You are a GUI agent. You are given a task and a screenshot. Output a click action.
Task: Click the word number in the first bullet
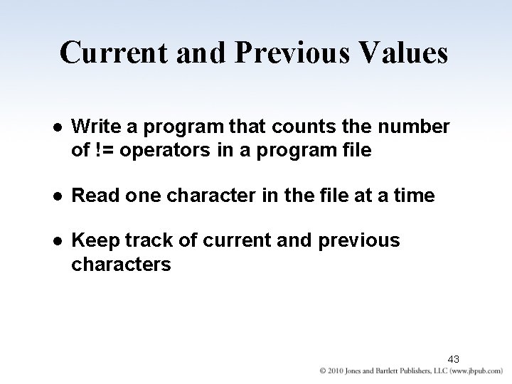(415, 127)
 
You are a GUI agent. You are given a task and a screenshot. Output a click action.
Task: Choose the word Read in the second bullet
(91, 196)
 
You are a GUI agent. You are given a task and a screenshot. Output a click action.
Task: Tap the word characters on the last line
(121, 265)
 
